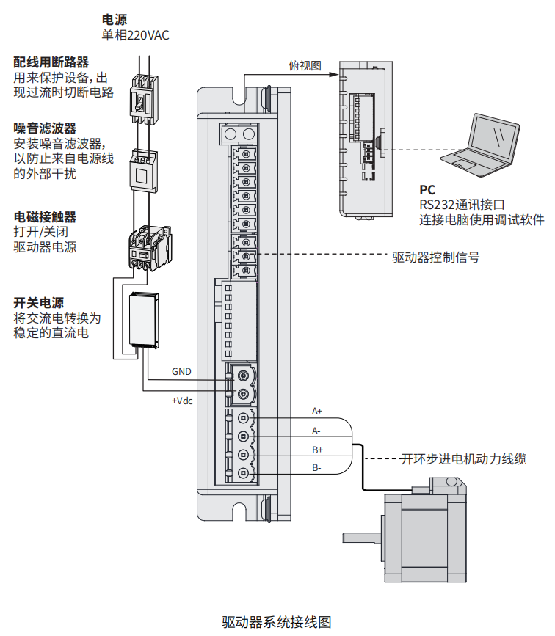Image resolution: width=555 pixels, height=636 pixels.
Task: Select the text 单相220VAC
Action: (135, 35)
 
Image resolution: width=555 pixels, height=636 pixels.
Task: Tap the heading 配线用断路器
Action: (51, 62)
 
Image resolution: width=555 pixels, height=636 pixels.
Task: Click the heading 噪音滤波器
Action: (45, 128)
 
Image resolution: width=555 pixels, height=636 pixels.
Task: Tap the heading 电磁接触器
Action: (45, 217)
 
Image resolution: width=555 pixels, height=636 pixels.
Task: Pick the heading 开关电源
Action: (39, 303)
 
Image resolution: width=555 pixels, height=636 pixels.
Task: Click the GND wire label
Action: (181, 372)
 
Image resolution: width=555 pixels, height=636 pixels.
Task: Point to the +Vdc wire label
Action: (182, 401)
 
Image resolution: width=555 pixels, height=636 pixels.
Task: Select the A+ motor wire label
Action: (317, 410)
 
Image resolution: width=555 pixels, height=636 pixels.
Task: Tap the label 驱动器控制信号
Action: (436, 257)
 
